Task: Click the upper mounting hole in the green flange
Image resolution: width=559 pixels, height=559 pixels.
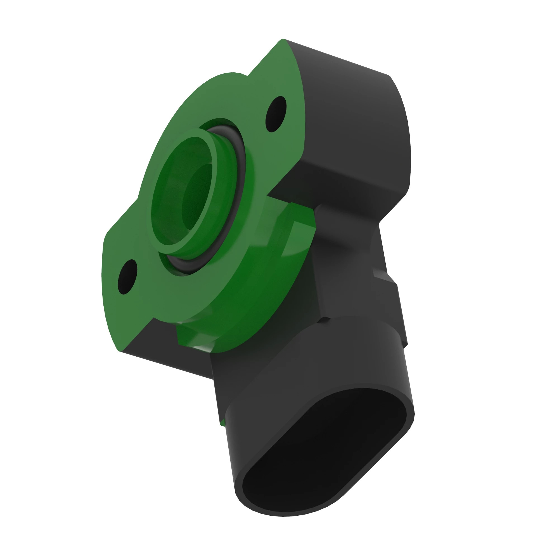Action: point(276,114)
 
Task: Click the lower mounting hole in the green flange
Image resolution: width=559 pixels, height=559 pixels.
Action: point(127,277)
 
